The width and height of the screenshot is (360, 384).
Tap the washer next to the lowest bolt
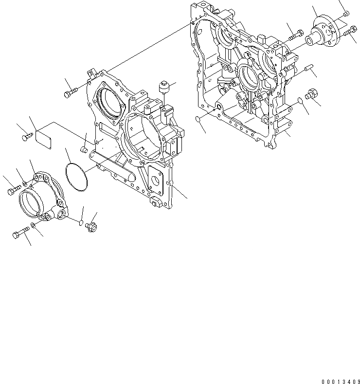(x=33, y=225)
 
